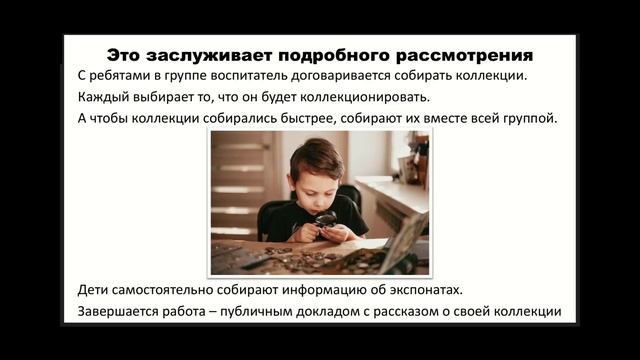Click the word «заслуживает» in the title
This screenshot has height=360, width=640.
pyautogui.click(x=204, y=53)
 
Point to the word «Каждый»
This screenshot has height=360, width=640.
pyautogui.click(x=102, y=98)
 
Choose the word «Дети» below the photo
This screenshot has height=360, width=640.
pyautogui.click(x=95, y=291)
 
